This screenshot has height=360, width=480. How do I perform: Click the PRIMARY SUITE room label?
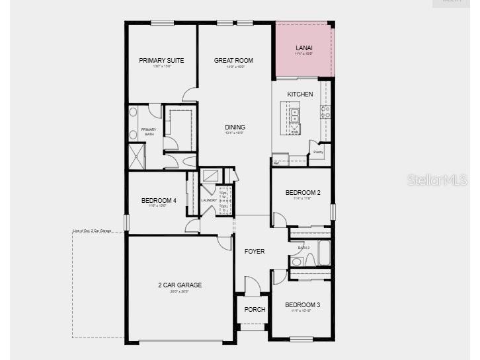(x=161, y=61)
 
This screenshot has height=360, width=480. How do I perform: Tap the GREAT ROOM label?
(x=233, y=61)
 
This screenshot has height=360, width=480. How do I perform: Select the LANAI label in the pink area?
(x=304, y=48)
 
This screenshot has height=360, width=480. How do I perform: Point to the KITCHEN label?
(x=300, y=94)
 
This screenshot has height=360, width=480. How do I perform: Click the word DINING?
(x=235, y=127)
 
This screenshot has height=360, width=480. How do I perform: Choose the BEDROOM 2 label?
(x=303, y=193)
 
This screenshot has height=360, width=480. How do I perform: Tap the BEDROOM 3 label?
(x=303, y=305)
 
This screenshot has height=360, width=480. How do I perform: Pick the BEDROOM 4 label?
(x=159, y=201)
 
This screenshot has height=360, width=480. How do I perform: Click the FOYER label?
(x=255, y=252)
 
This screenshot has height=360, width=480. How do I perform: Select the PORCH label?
(x=255, y=309)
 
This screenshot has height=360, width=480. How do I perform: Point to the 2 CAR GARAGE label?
(x=180, y=285)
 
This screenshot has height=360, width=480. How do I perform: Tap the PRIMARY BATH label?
(x=149, y=132)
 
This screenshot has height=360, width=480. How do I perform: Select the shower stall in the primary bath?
(x=137, y=157)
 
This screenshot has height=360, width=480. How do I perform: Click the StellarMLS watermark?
(x=437, y=180)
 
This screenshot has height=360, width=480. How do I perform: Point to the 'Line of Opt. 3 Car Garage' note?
(x=93, y=231)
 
